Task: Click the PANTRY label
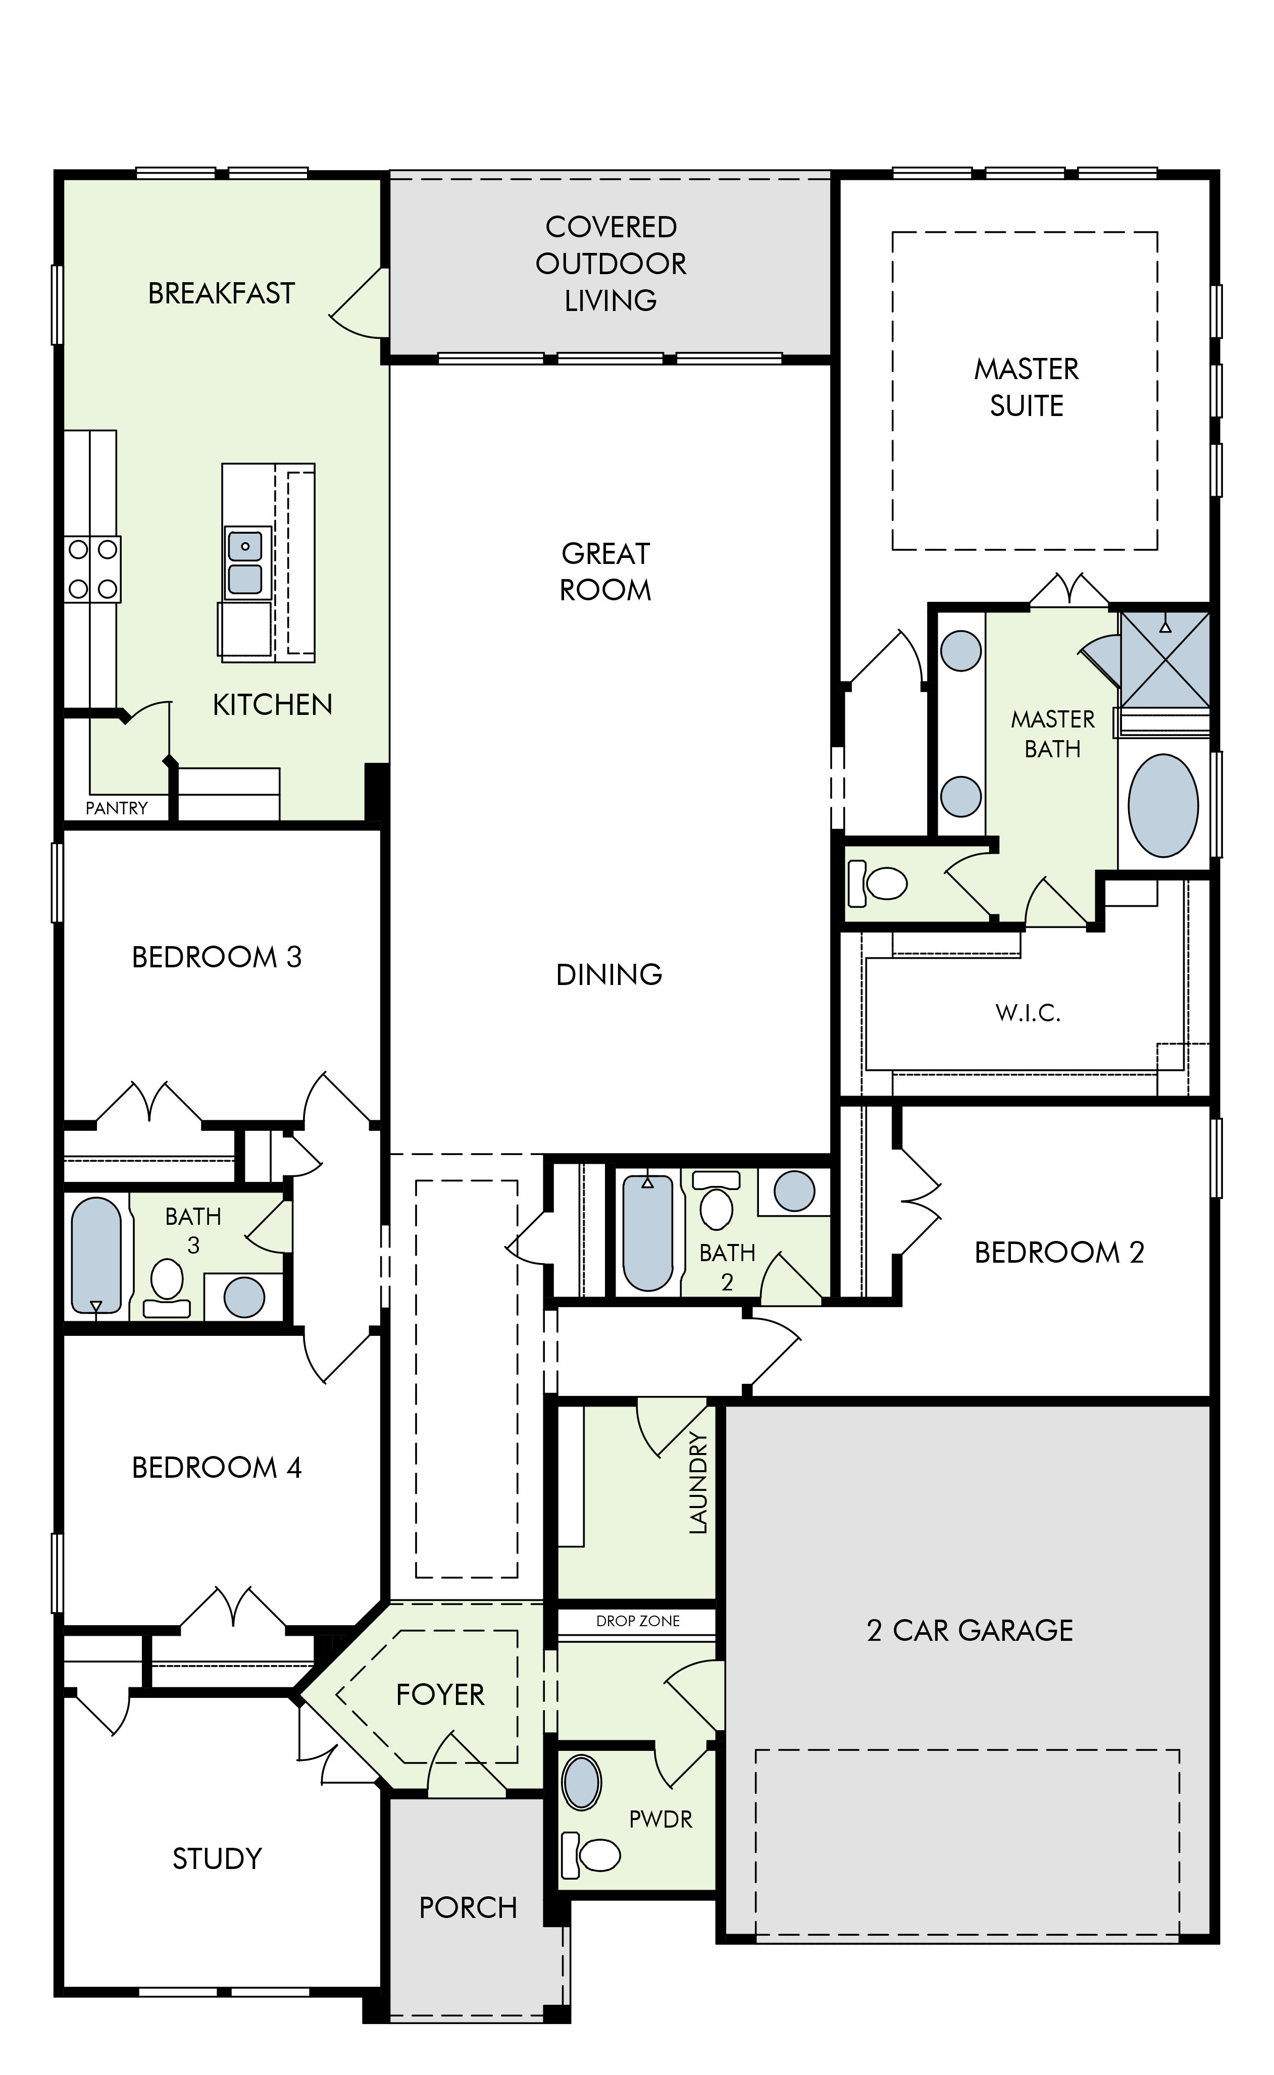point(116,808)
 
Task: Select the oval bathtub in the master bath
point(1163,805)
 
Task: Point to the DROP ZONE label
point(638,1621)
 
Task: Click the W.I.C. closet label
point(1028,1013)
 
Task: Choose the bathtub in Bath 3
point(97,1255)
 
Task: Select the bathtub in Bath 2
point(648,1233)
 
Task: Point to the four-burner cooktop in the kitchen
point(93,569)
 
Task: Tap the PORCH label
point(469,1907)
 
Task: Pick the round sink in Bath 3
point(244,1298)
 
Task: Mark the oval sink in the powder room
point(581,1782)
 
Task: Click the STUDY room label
point(218,1858)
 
